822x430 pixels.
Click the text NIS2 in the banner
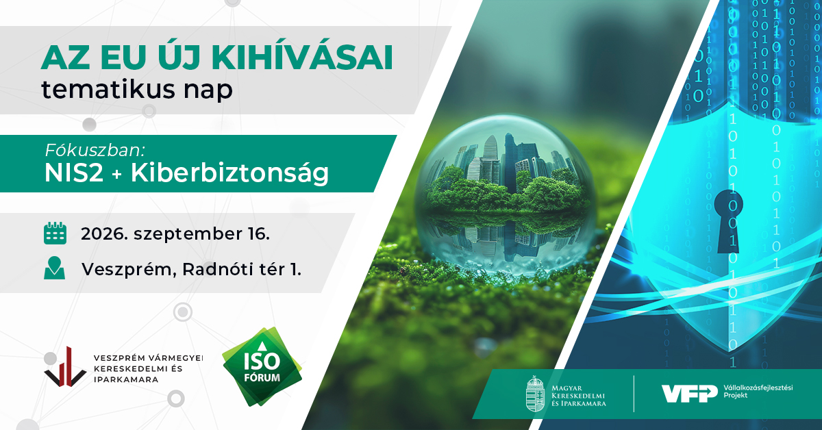click(x=74, y=173)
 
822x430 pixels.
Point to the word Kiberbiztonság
click(x=229, y=173)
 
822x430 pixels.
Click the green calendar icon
click(x=55, y=233)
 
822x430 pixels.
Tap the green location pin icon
click(x=54, y=268)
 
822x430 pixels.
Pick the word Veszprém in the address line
click(x=127, y=270)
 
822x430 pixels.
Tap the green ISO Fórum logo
click(x=262, y=366)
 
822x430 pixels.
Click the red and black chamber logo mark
click(x=65, y=366)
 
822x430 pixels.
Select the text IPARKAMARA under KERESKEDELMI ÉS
click(x=126, y=380)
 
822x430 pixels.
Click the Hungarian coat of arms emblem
click(x=535, y=393)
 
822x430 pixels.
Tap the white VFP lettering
click(x=690, y=393)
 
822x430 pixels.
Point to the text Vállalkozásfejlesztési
click(x=758, y=388)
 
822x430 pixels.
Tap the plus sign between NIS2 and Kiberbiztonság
click(x=116, y=175)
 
